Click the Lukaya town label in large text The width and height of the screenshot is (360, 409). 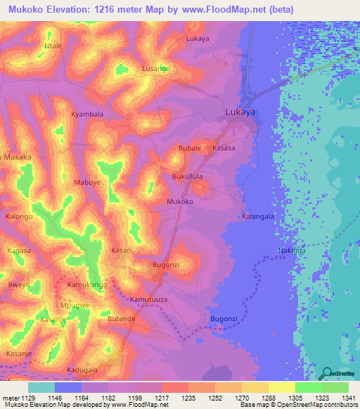click(240, 112)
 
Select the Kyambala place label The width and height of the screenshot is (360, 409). click(87, 114)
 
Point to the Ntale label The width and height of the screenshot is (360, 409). click(54, 46)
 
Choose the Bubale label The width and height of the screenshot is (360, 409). click(190, 149)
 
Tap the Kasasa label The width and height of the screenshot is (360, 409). click(224, 149)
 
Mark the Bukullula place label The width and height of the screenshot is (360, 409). click(188, 177)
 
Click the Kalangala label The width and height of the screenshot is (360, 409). click(257, 217)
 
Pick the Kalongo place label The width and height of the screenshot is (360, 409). click(20, 217)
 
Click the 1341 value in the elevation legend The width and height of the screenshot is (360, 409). click(347, 398)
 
